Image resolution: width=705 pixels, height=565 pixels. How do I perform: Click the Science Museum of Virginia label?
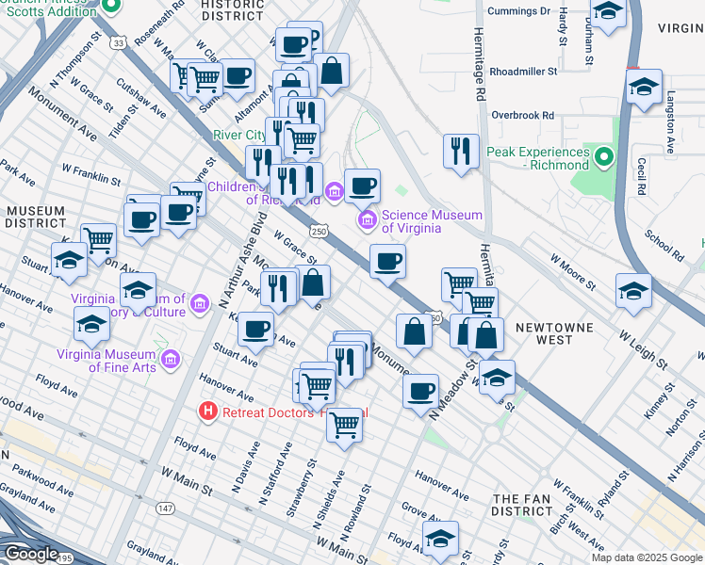coord(431,221)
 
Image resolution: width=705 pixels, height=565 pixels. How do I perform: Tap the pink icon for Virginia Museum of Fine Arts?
coord(171,360)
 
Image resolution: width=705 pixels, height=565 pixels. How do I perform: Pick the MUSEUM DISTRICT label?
coord(34,216)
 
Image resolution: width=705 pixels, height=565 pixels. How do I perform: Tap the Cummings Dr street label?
coord(519,11)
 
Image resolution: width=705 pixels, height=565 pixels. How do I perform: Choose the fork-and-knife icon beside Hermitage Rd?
coord(460,151)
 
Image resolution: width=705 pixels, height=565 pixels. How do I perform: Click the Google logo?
coord(31,554)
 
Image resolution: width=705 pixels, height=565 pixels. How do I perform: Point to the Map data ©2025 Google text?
coord(646,557)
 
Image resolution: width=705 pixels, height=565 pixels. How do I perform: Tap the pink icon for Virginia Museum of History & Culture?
coord(199,303)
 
